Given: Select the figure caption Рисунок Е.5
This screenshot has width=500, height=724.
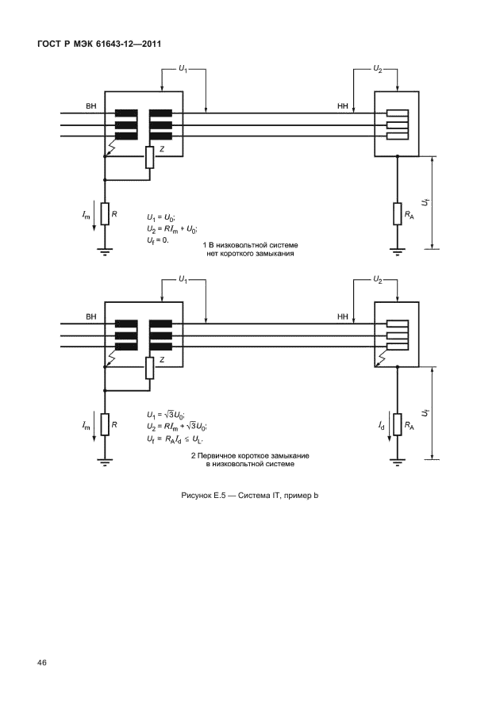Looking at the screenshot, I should tap(250, 496).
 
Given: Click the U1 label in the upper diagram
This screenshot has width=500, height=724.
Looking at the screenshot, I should tap(183, 70).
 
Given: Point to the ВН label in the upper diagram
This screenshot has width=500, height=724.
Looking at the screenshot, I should tap(90, 105).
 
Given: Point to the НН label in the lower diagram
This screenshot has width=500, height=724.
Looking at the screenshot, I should tap(343, 316).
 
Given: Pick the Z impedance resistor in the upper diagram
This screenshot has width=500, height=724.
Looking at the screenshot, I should tap(149, 157).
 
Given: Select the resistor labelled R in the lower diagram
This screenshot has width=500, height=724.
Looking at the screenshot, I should tap(104, 426).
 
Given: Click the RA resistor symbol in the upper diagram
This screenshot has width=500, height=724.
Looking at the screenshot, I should tap(396, 213).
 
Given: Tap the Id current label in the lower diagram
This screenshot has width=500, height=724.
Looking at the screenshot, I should tap(382, 426).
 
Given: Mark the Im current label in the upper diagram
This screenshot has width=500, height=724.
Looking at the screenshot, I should tap(86, 215).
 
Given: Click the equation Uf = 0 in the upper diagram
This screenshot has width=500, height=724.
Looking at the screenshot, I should tap(159, 238).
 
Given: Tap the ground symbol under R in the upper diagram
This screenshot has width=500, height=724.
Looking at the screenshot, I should tap(104, 251).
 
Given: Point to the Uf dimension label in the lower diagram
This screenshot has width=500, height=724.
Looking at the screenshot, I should tap(426, 414).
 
